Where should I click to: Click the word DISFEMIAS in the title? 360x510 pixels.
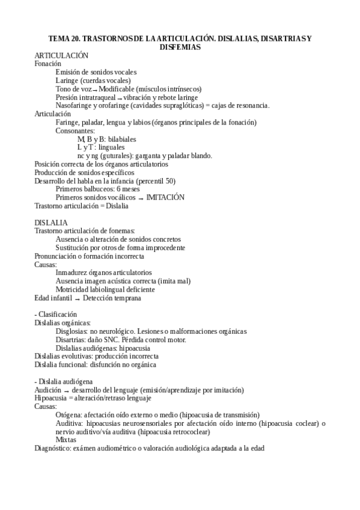(x=180, y=47)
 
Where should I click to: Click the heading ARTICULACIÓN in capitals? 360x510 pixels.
(x=62, y=55)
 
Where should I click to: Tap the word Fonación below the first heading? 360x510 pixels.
(x=48, y=64)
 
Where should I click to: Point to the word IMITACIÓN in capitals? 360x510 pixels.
(x=165, y=197)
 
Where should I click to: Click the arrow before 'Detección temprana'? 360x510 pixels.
(x=77, y=298)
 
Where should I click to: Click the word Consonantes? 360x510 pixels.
(x=75, y=131)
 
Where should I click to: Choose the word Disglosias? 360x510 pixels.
(x=71, y=331)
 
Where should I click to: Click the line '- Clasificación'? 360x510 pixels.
(x=56, y=315)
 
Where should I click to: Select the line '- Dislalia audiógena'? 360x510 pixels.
(x=64, y=381)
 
